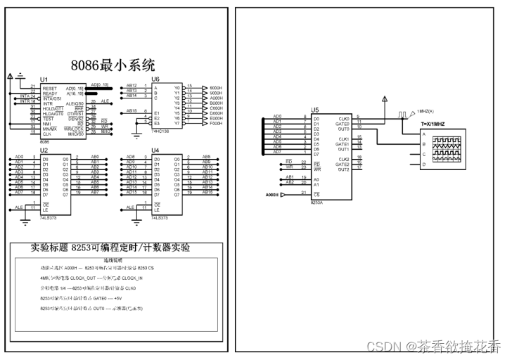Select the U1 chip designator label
(x=44, y=79)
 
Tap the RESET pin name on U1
(x=49, y=89)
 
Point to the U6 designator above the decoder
(x=155, y=79)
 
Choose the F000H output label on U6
(x=216, y=124)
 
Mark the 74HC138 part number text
(x=161, y=131)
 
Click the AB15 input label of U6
(x=131, y=111)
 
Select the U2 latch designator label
(x=44, y=150)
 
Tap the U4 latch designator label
(x=155, y=150)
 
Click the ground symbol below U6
(x=137, y=131)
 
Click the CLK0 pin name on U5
(x=344, y=118)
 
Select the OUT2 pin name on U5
(x=344, y=169)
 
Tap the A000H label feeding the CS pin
(x=272, y=194)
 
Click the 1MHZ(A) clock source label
(x=425, y=111)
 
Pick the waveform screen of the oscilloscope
(x=446, y=150)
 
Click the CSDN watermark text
(x=433, y=347)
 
